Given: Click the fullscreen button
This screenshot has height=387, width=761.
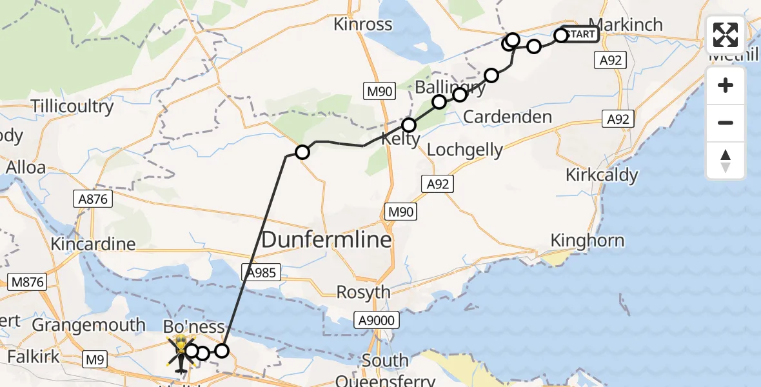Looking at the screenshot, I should (x=726, y=35).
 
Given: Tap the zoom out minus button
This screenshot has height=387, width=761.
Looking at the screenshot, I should (x=726, y=123).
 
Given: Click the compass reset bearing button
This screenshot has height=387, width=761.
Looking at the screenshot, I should (x=726, y=161).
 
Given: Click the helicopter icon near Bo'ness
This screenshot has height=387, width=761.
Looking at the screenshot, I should (x=180, y=352).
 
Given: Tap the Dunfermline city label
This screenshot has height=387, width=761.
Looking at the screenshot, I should (x=326, y=241).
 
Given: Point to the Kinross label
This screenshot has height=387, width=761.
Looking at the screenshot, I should (x=363, y=25).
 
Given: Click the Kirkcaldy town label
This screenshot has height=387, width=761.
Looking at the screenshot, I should (x=602, y=175).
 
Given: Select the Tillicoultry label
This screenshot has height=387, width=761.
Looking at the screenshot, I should (x=72, y=106).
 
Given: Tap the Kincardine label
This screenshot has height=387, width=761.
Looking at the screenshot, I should (x=93, y=244).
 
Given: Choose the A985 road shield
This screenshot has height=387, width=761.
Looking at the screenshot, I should (x=261, y=272).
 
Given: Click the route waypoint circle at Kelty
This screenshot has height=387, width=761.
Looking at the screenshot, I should (x=409, y=125).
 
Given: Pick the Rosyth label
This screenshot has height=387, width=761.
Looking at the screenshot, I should (x=364, y=292).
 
